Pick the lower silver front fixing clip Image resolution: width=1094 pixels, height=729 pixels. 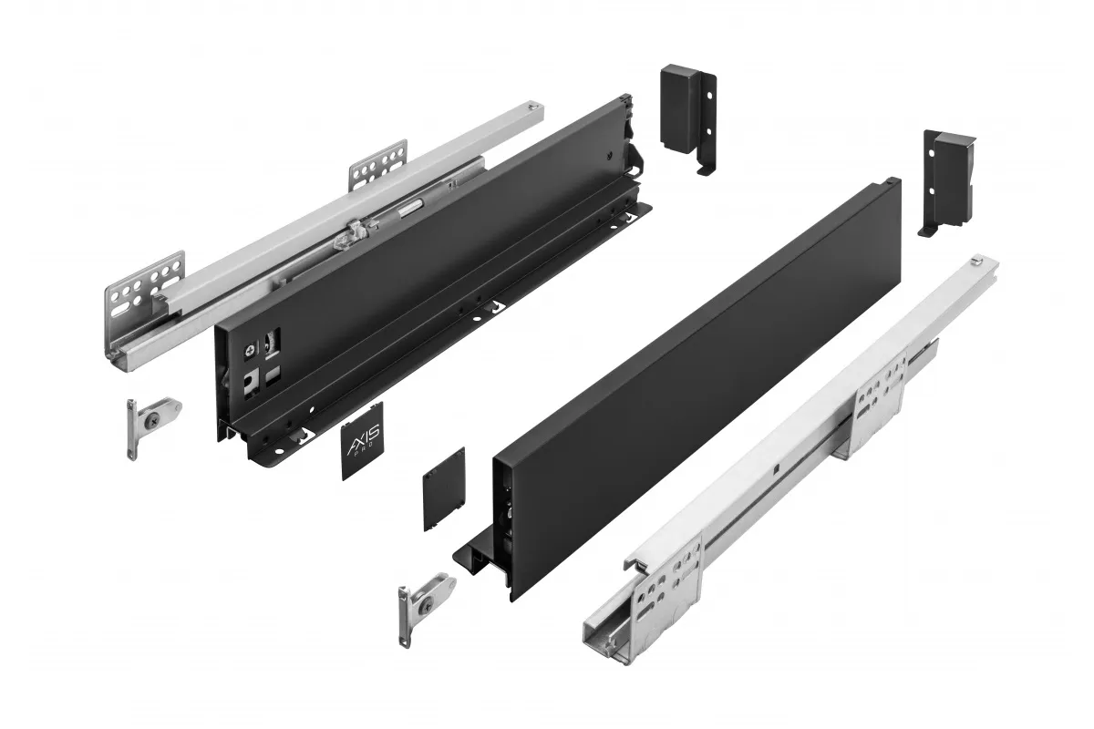424,601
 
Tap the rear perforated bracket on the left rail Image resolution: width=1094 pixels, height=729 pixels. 377,166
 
